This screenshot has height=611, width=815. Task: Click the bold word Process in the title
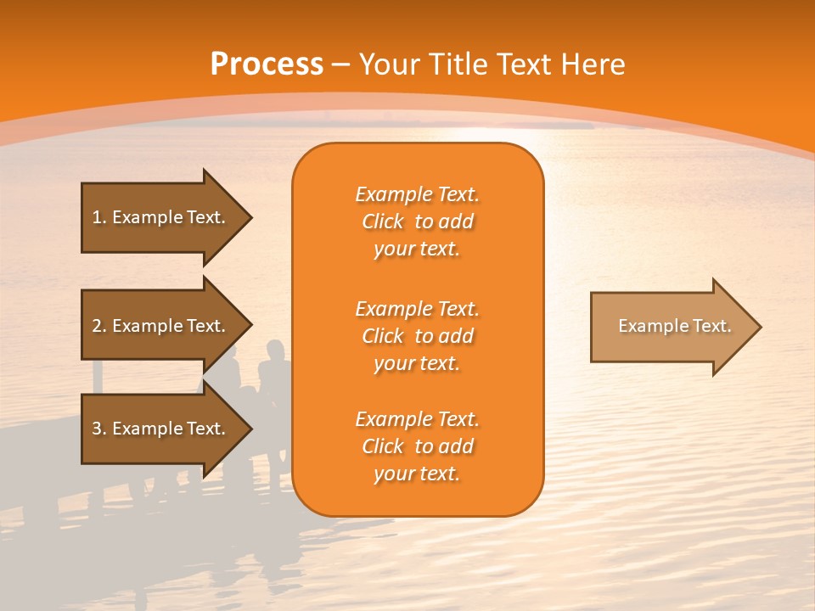267,64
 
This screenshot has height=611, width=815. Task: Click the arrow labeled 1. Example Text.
161,217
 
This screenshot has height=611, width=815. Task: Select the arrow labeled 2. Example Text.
161,326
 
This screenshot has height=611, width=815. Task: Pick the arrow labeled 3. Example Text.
161,429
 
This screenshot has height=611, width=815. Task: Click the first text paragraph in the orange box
417,221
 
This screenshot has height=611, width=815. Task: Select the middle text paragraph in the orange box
417,336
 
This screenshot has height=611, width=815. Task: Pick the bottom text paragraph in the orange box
417,446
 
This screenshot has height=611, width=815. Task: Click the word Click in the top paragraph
383,221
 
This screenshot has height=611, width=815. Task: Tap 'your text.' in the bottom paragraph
417,474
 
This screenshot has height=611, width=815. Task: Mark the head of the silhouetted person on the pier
274,350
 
